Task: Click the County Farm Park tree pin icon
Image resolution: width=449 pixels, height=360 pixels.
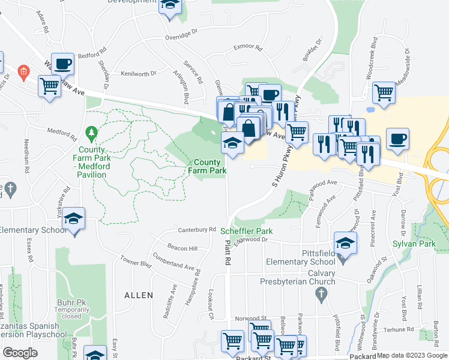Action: [91, 131]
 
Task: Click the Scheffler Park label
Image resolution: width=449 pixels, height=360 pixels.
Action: [246, 231]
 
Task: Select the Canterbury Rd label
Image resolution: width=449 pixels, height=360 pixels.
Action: [196, 229]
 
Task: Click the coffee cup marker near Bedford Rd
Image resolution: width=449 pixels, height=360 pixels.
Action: [62, 63]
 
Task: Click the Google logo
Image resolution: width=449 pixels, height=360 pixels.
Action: [20, 352]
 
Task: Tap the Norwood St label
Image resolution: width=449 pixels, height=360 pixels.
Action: [250, 318]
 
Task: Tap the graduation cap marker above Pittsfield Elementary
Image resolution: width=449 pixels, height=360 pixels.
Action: [345, 242]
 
